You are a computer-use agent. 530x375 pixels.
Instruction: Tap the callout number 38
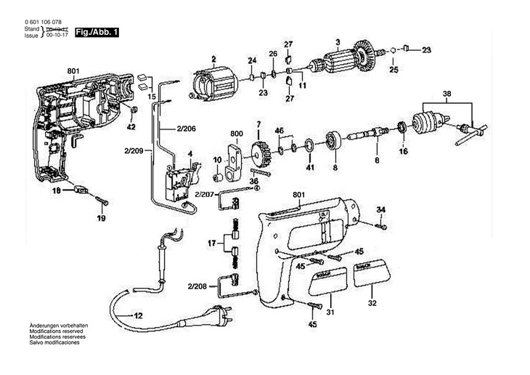[447, 93]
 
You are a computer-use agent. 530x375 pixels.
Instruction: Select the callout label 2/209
[134, 150]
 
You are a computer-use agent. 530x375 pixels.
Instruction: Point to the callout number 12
[137, 315]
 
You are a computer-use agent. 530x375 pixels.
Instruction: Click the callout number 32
[372, 303]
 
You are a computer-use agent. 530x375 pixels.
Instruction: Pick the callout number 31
[330, 312]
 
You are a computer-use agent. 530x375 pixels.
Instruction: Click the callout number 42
[131, 127]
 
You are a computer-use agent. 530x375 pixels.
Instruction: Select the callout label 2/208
[196, 286]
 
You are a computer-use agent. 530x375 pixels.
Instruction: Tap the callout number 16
[404, 153]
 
